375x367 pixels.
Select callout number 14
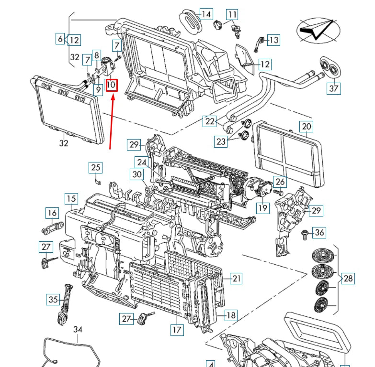(206, 14)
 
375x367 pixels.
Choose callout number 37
(334, 88)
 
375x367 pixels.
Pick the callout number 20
(306, 127)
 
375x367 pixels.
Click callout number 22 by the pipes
(210, 121)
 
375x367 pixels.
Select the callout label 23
(221, 141)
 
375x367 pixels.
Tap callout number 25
(96, 167)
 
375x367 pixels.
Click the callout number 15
(71, 199)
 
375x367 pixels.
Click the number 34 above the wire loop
(78, 329)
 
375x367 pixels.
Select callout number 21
(236, 278)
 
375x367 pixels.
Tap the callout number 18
(231, 315)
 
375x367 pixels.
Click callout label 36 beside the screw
(319, 233)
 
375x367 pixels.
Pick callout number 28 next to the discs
(348, 279)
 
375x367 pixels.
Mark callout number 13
(273, 40)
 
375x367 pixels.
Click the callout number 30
(137, 174)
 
